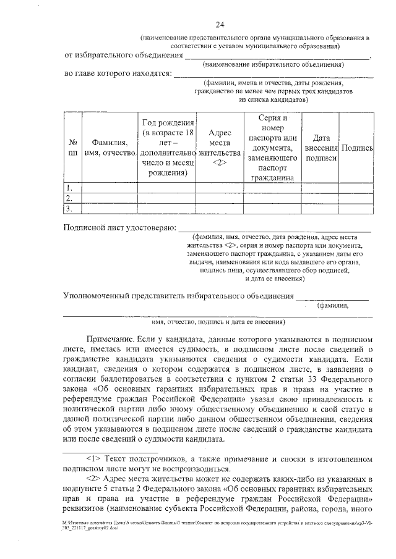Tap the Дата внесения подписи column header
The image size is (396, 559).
(321, 148)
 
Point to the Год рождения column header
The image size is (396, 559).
(168, 148)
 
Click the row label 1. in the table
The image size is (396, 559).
(70, 187)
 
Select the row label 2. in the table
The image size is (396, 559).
(70, 198)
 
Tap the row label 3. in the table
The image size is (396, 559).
(70, 209)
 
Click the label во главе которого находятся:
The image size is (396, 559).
(118, 74)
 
